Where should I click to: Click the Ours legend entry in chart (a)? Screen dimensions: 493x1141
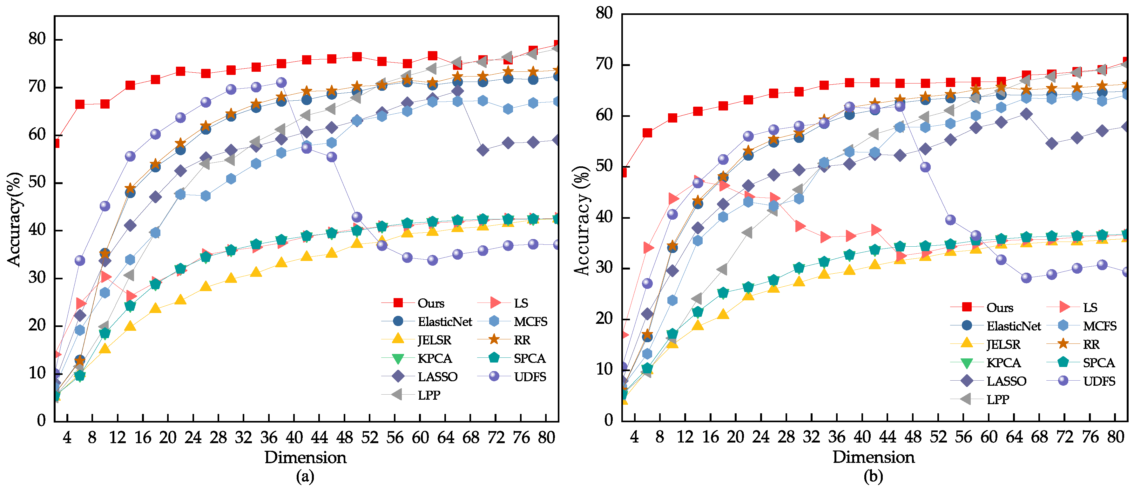pyautogui.click(x=430, y=303)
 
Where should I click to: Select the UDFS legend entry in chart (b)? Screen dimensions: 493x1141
pyautogui.click(x=1099, y=381)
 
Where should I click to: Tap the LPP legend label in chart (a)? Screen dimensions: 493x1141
pyautogui.click(x=429, y=395)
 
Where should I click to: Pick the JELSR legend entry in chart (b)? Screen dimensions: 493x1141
pyautogui.click(x=1003, y=344)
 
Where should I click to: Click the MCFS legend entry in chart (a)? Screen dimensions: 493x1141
pyautogui.click(x=530, y=322)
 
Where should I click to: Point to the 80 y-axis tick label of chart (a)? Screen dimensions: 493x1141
pyautogui.click(x=37, y=39)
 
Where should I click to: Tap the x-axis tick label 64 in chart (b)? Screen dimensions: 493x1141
pyautogui.click(x=1014, y=437)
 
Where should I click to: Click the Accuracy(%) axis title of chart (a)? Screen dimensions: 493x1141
pyautogui.click(x=14, y=219)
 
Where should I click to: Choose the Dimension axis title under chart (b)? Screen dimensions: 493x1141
pyautogui.click(x=874, y=457)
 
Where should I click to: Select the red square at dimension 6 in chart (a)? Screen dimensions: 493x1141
pyautogui.click(x=80, y=104)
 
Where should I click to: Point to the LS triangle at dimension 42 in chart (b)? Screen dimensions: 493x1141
pyautogui.click(x=875, y=230)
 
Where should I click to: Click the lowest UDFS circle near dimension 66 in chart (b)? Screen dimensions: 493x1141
pyautogui.click(x=1026, y=278)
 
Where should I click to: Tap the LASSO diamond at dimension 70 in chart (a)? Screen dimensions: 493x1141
pyautogui.click(x=483, y=150)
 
